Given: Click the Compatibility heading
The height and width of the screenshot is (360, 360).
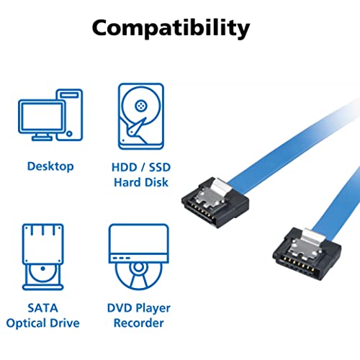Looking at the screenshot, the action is [x=171, y=28].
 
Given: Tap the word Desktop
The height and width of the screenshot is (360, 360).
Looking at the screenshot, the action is [x=50, y=166].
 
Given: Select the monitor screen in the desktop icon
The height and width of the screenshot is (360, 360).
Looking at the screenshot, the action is [x=42, y=117].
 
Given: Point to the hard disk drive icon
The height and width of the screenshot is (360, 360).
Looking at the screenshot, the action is [x=141, y=116].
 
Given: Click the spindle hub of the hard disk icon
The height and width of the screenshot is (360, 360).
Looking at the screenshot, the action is [x=141, y=106].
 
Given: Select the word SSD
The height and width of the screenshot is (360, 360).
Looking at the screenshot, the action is [x=160, y=167].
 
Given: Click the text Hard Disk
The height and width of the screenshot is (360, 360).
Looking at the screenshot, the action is [x=141, y=182].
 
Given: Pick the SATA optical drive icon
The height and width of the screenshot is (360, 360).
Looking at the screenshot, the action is [x=43, y=257].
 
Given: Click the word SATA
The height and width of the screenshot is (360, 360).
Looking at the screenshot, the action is [x=42, y=308].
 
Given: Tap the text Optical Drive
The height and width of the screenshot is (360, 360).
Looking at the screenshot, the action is [x=42, y=323].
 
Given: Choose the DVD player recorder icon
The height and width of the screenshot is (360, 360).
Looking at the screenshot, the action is [x=139, y=257].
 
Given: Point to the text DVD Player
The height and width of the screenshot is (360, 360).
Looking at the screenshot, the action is [x=139, y=308].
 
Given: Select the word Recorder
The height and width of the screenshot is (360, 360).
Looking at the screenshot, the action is [x=139, y=323].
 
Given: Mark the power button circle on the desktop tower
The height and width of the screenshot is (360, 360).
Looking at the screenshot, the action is [x=69, y=134].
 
